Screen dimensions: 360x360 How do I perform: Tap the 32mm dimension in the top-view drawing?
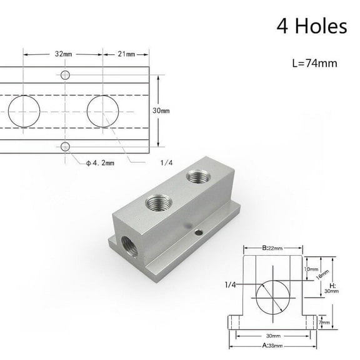coord(63,54)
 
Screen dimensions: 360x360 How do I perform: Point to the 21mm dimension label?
coord(126,54)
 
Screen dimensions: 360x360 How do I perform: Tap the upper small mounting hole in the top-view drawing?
coord(66,75)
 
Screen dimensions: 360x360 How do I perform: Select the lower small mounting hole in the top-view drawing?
coord(66,147)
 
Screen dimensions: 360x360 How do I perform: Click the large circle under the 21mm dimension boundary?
coord(102,111)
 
